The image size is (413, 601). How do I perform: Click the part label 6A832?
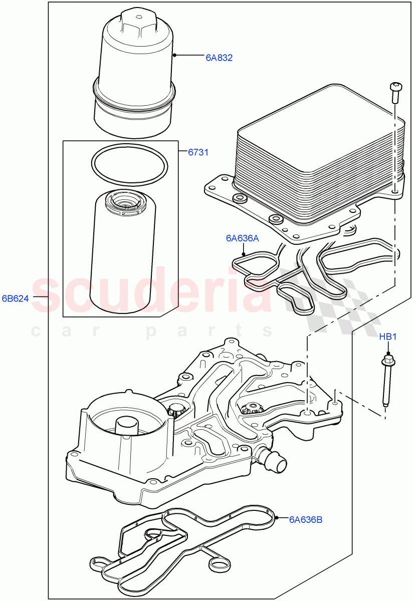[219, 58]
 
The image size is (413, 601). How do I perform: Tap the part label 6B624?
[16, 299]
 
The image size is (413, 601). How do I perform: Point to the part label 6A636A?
[242, 239]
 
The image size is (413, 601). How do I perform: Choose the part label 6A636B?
[305, 519]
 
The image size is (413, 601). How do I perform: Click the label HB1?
[387, 337]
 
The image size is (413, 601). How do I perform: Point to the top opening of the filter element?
[125, 202]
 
